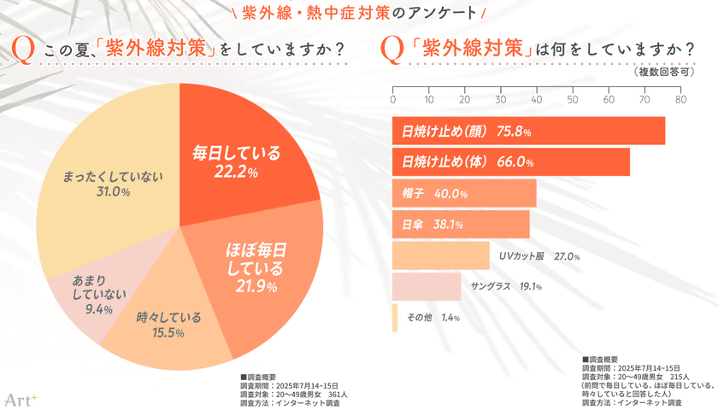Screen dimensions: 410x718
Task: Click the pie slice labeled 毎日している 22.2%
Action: tap(248, 162)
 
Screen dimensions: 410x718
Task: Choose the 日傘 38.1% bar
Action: tap(461, 225)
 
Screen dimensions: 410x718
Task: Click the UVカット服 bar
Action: tap(440, 255)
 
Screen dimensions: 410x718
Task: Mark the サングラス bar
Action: tap(426, 286)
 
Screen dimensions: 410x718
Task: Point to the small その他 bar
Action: tap(395, 317)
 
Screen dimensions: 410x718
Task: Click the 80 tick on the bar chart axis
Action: tap(680, 98)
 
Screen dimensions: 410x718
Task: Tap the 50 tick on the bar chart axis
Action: tap(573, 98)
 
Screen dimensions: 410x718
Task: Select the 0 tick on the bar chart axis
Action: tap(392, 98)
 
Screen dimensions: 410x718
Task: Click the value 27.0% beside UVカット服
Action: tap(567, 255)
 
